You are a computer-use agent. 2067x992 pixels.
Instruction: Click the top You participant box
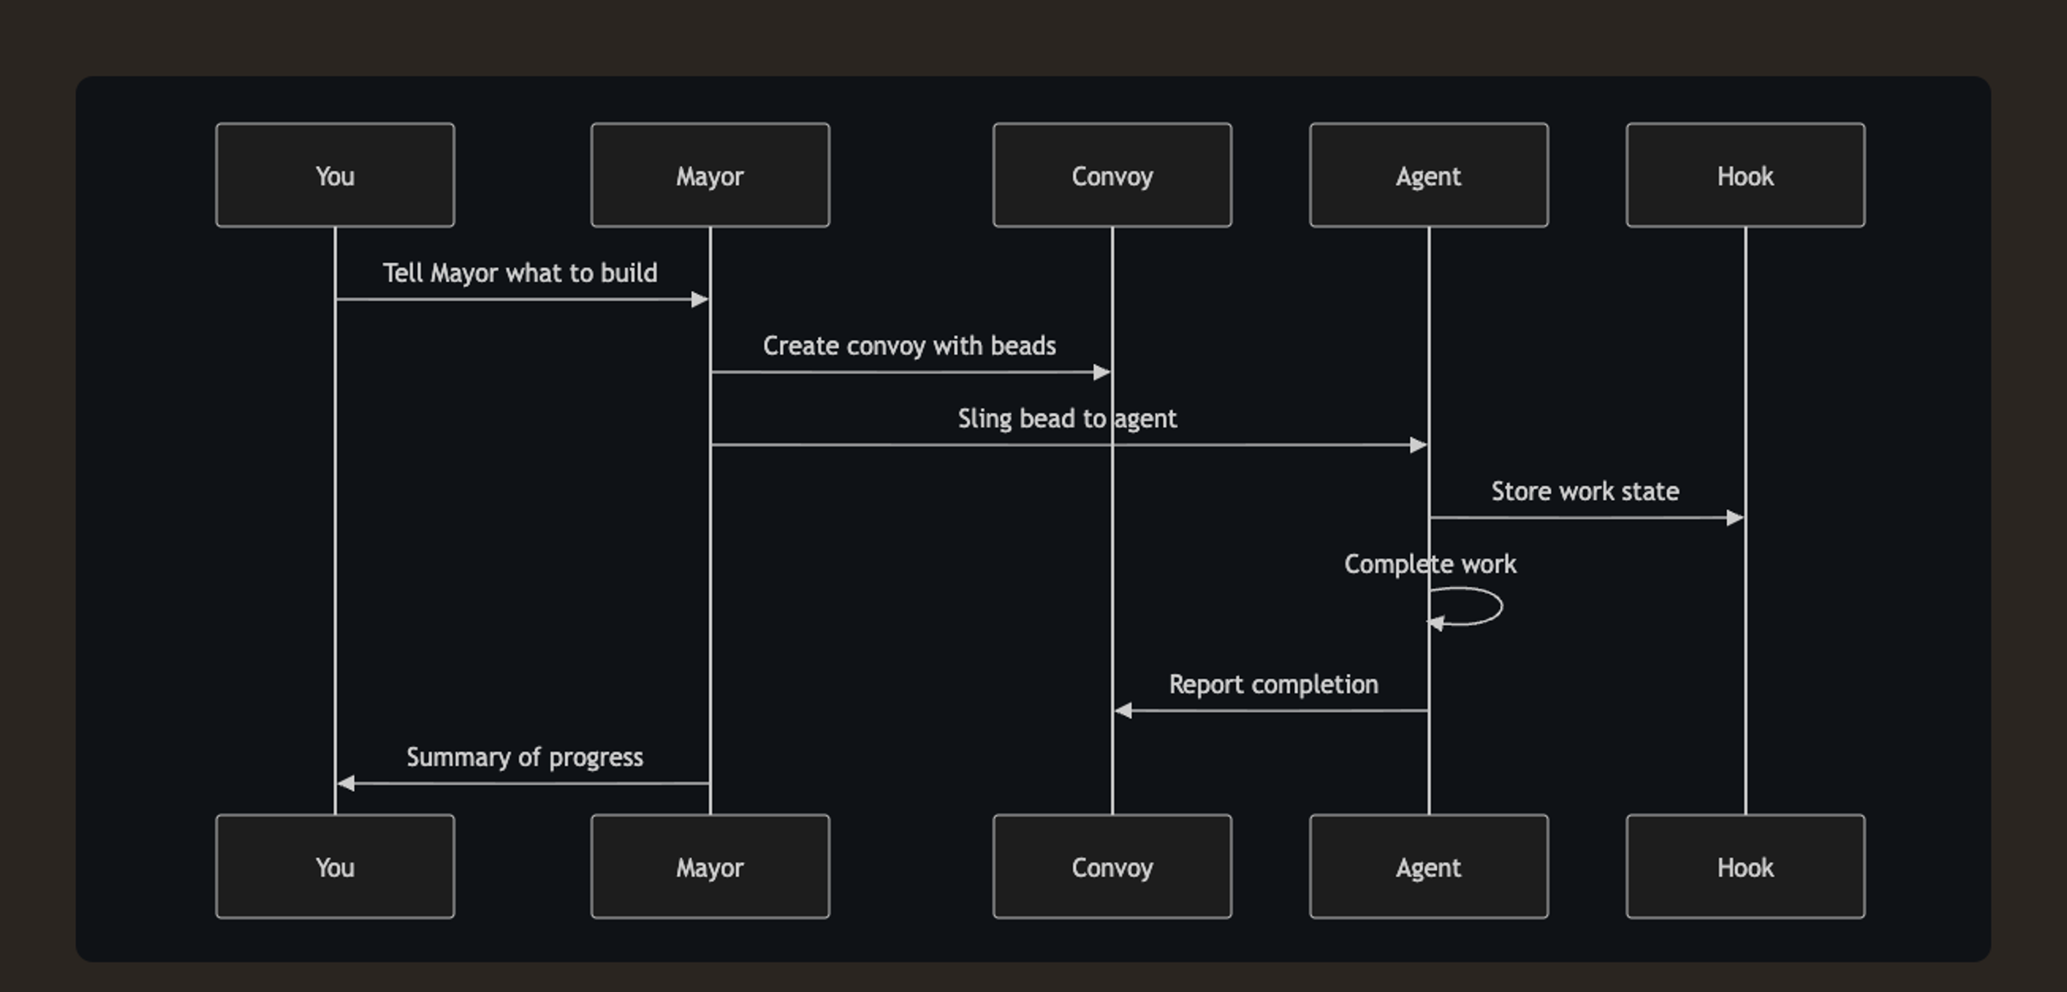335,175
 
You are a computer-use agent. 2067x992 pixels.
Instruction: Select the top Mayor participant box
710,175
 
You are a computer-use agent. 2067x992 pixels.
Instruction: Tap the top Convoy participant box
1112,175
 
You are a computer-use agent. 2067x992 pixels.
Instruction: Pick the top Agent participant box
1428,175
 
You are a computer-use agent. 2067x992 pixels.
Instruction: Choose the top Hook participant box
1745,175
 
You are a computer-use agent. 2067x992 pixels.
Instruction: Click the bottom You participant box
335,866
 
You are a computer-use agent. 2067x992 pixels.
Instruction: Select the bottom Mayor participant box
710,866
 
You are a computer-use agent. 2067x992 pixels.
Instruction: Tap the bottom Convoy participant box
1112,866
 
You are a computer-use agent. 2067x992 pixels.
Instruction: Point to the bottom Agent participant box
1428,866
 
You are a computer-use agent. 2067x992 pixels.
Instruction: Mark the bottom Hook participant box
1745,866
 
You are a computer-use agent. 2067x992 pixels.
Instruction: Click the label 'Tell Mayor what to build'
520,273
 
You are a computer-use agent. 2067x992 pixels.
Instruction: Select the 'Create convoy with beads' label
909,345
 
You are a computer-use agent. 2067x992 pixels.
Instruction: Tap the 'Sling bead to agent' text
1067,419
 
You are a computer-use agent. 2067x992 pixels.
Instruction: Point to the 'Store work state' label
1585,491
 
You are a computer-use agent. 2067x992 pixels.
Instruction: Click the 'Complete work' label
1430,564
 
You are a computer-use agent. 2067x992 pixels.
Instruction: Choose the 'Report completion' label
1274,684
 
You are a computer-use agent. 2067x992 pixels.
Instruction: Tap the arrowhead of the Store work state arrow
1735,518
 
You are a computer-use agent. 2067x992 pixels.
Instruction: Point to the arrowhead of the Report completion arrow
1123,711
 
